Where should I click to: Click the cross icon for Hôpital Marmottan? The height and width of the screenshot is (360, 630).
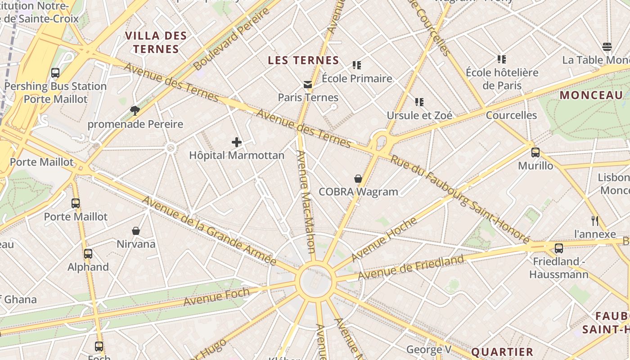237,143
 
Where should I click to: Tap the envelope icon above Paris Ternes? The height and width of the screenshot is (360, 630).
308,85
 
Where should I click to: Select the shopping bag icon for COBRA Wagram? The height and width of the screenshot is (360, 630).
358,179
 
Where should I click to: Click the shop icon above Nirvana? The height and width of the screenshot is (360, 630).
136,231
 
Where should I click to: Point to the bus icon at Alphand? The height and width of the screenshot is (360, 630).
88,254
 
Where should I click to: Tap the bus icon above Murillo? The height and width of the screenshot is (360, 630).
535,153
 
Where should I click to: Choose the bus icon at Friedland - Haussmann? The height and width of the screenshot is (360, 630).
559,248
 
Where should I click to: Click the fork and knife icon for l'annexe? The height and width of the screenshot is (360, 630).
595,220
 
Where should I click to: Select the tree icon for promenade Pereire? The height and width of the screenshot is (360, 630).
135,111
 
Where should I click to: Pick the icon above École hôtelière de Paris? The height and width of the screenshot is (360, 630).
502,59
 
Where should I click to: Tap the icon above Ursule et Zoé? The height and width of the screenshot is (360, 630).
419,102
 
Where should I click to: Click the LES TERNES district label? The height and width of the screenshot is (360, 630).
303,60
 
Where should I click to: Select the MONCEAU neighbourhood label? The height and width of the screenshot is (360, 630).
591,95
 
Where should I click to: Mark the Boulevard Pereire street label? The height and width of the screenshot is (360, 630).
232,39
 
